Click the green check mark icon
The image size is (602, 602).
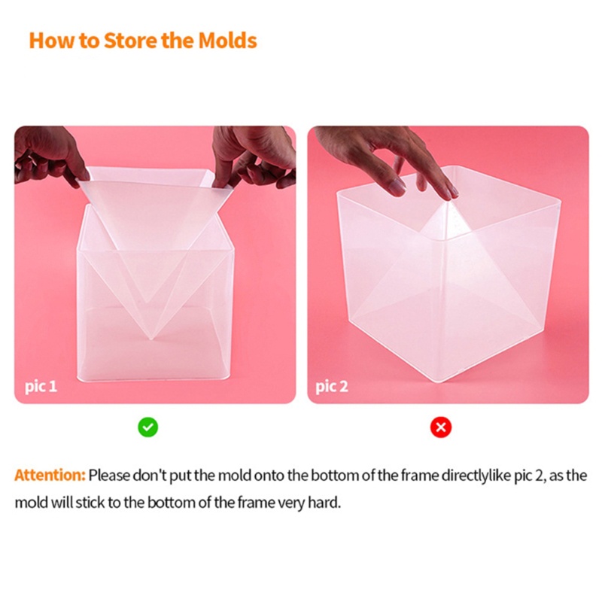point(147,427)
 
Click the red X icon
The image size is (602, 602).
point(440,427)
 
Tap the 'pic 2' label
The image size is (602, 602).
point(332,387)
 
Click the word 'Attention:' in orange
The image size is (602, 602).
point(50,476)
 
